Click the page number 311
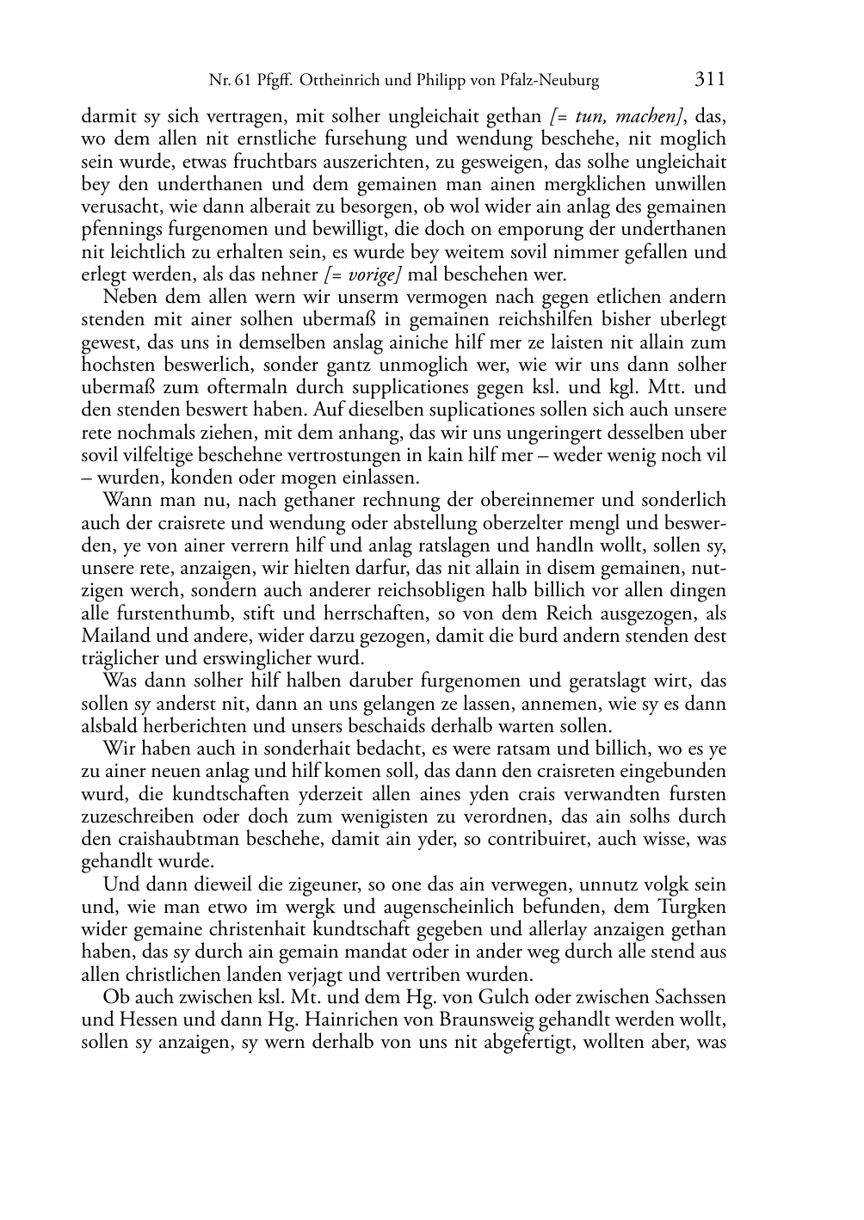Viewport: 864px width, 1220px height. click(x=709, y=80)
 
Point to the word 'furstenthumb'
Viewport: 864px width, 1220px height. click(x=171, y=614)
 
